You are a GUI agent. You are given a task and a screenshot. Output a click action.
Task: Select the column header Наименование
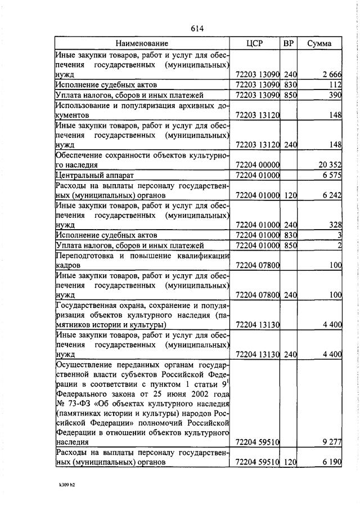pyautogui.click(x=142, y=43)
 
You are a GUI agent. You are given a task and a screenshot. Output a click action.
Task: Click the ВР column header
pyautogui.click(x=289, y=43)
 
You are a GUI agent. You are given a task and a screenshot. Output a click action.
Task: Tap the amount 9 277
pyautogui.click(x=332, y=442)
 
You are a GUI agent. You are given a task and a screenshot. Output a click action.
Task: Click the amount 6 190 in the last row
pyautogui.click(x=332, y=462)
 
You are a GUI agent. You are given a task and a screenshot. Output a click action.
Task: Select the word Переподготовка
pyautogui.click(x=83, y=255)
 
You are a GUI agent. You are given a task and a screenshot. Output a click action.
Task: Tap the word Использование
pyautogui.click(x=82, y=105)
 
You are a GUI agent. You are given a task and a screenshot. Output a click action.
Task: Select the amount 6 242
pyautogui.click(x=332, y=195)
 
